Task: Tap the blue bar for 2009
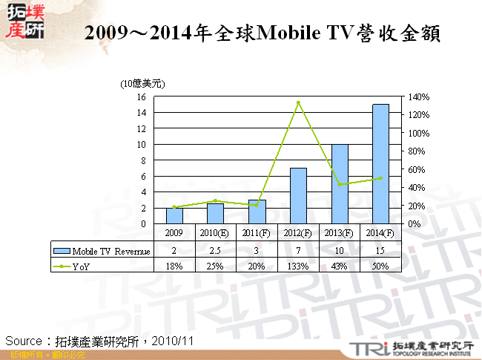(x=174, y=215)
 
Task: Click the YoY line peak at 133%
(x=298, y=102)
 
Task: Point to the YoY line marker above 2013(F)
(x=339, y=185)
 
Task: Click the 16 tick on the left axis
(x=141, y=97)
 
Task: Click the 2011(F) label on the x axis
(x=257, y=233)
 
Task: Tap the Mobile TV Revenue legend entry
(x=102, y=251)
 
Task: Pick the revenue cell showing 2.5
(x=215, y=251)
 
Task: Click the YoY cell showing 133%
(x=298, y=266)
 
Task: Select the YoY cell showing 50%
(x=380, y=266)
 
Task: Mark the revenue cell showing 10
(x=339, y=251)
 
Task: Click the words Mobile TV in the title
(x=293, y=33)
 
